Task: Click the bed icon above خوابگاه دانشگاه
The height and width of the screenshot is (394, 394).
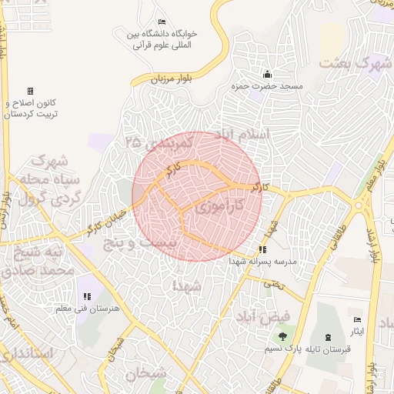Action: [x=161, y=22]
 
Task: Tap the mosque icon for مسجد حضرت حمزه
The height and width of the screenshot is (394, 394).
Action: [x=267, y=74]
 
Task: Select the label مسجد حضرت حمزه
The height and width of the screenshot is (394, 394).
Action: [x=274, y=87]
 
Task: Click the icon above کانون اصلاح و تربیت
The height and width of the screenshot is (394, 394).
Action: [x=30, y=91]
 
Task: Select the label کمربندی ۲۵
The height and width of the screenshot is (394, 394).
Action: [x=159, y=143]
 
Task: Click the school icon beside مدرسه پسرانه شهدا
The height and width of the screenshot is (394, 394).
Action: [x=262, y=249]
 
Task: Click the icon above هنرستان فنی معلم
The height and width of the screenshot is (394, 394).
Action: [x=85, y=296]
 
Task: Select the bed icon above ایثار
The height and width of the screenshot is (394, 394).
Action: [x=356, y=319]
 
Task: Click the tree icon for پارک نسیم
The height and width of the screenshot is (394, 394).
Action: [x=282, y=336]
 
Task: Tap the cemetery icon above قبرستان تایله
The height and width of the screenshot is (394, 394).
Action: [x=329, y=336]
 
